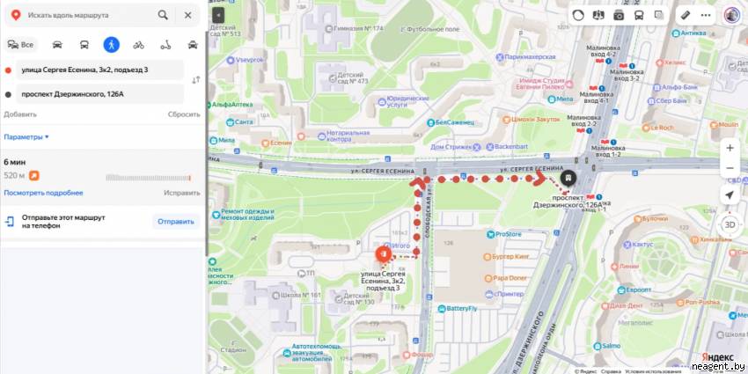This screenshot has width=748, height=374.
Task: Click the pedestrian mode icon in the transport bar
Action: click(111, 44)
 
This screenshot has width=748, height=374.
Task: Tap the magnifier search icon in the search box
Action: click(163, 15)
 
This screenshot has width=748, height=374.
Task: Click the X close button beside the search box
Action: click(187, 15)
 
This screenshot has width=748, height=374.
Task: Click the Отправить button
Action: click(175, 221)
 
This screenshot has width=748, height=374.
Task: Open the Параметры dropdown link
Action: click(26, 137)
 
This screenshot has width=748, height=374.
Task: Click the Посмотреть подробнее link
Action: click(43, 193)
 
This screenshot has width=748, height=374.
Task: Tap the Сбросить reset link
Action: click(184, 114)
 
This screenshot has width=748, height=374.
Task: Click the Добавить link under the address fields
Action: click(20, 114)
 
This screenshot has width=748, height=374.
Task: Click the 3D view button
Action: click(730, 224)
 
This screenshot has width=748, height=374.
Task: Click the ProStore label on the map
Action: click(508, 234)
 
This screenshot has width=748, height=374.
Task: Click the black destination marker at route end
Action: click(569, 178)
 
